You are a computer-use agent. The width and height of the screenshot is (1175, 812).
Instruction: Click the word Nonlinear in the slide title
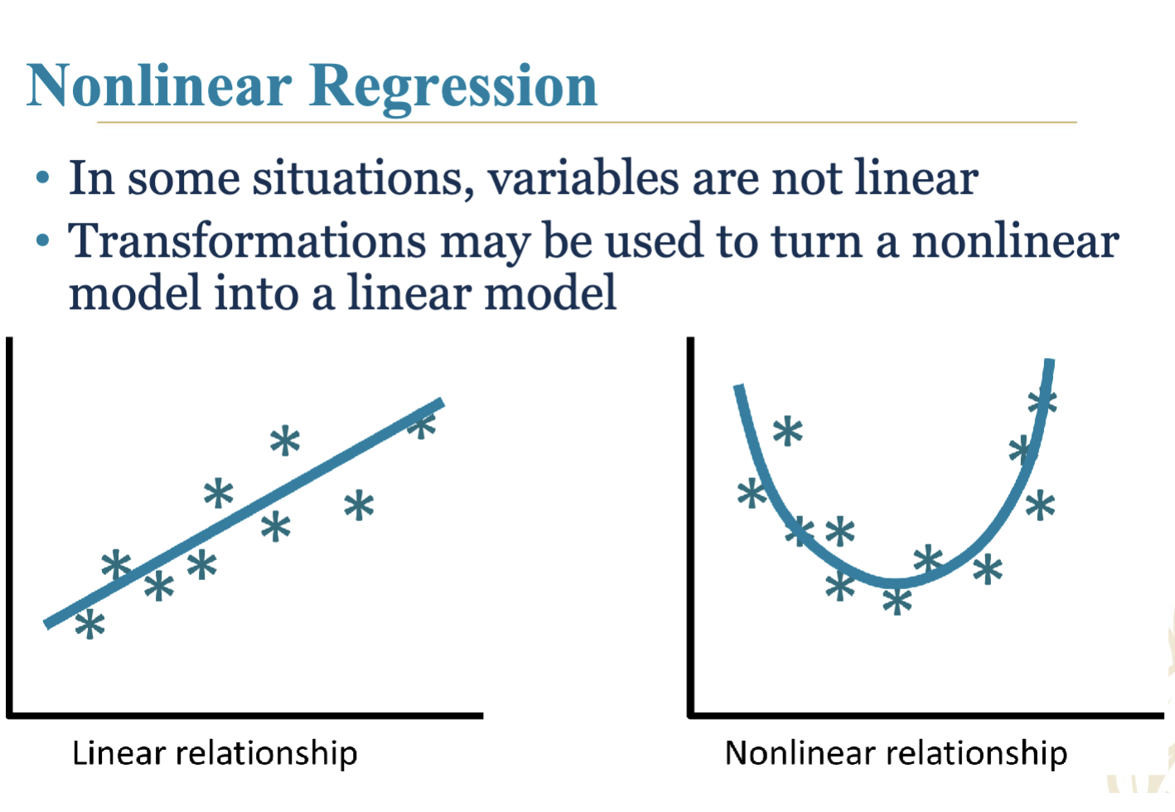click(x=159, y=85)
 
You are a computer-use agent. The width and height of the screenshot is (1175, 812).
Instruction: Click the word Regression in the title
click(x=453, y=89)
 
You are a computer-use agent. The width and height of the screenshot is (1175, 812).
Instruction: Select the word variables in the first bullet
click(x=583, y=177)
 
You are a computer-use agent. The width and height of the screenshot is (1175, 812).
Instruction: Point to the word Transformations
click(x=247, y=240)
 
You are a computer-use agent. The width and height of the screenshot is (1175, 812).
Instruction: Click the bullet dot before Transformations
click(x=42, y=241)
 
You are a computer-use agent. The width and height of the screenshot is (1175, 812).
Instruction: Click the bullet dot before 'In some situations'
click(x=42, y=177)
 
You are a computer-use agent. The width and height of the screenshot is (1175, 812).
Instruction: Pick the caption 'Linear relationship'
click(x=215, y=754)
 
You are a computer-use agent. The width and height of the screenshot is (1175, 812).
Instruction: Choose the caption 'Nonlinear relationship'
click(x=896, y=754)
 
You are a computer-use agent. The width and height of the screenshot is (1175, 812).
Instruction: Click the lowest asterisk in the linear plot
click(x=90, y=624)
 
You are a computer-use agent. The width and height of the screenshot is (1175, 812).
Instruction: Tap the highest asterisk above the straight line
click(x=285, y=441)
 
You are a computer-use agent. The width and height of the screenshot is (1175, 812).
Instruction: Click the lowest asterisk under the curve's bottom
click(x=897, y=601)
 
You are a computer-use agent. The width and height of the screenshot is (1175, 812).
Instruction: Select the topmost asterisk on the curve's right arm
click(x=1042, y=403)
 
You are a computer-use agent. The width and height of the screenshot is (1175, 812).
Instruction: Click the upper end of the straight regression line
click(x=442, y=403)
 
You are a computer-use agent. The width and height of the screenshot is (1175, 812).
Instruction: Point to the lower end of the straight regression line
click(x=46, y=624)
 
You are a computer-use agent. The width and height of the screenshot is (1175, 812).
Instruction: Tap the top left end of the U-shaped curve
click(x=738, y=388)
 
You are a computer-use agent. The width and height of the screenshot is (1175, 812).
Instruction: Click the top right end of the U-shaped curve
click(x=1050, y=360)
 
